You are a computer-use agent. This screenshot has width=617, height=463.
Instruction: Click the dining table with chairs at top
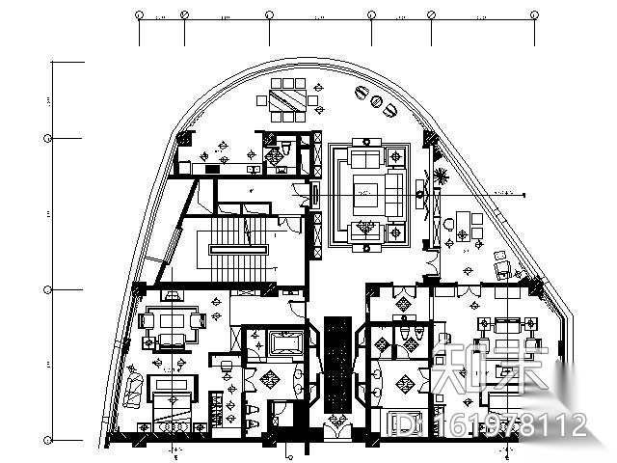click(x=289, y=99)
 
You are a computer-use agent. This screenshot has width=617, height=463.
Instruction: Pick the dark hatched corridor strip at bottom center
click(x=336, y=362)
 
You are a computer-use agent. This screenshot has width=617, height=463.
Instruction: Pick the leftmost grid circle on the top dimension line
click(x=140, y=15)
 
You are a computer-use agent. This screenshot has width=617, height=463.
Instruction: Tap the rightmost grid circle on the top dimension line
click(x=534, y=15)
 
